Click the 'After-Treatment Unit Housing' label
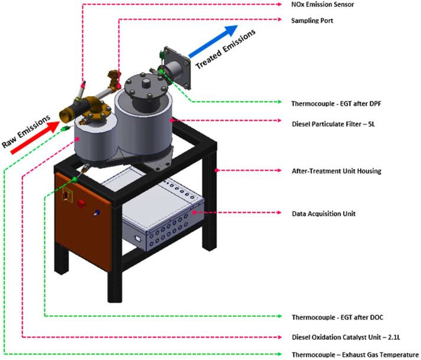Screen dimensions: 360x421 pos(337,171)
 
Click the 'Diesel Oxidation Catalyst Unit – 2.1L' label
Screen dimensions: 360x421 pos(347,338)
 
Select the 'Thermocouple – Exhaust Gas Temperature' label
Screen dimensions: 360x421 pos(355,355)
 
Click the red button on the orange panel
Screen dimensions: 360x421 pos(80,207)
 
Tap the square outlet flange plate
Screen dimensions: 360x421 pos(184,66)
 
